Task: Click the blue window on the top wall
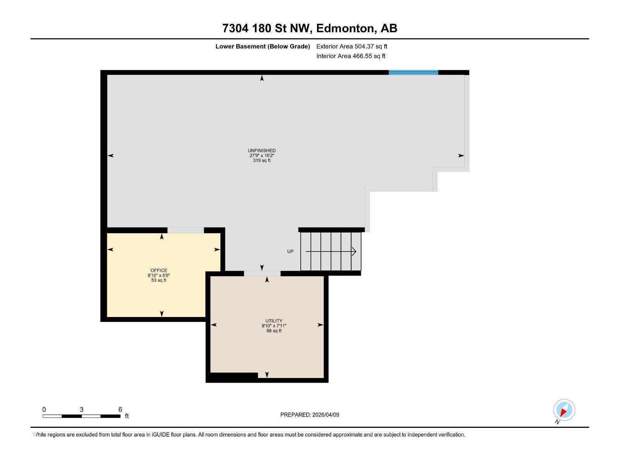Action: point(413,72)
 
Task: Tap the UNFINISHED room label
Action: point(262,150)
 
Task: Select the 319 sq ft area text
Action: point(262,160)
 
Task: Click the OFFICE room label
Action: point(159,270)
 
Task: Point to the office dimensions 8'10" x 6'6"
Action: point(159,276)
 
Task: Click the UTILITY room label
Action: point(274,321)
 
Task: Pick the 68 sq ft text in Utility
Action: point(274,331)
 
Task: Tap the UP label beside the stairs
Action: point(290,251)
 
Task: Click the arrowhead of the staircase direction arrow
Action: point(354,251)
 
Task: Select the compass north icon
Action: point(564,410)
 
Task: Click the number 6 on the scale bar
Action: point(120,410)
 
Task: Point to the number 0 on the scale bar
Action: point(44,410)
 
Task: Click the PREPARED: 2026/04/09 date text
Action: point(310,415)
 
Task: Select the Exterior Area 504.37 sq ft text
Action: point(351,46)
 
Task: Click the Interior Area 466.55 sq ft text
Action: point(351,56)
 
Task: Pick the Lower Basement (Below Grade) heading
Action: point(262,46)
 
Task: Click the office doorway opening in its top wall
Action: point(185,230)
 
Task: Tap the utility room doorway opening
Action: point(262,274)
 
